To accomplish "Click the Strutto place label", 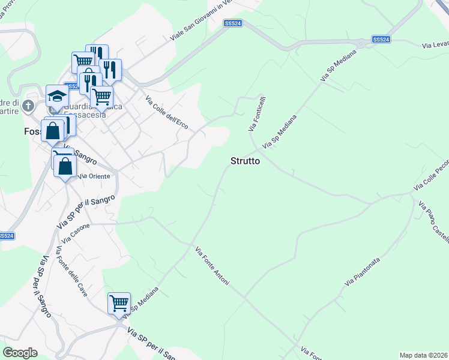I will (x=245, y=161).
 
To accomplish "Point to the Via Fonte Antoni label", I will (x=212, y=265).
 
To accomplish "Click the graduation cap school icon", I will (x=57, y=96).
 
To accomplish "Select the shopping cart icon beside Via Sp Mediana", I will (x=119, y=302).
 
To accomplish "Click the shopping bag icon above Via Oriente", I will (x=65, y=165).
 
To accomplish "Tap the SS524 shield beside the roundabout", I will (x=381, y=39).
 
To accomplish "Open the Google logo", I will (x=20, y=352).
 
